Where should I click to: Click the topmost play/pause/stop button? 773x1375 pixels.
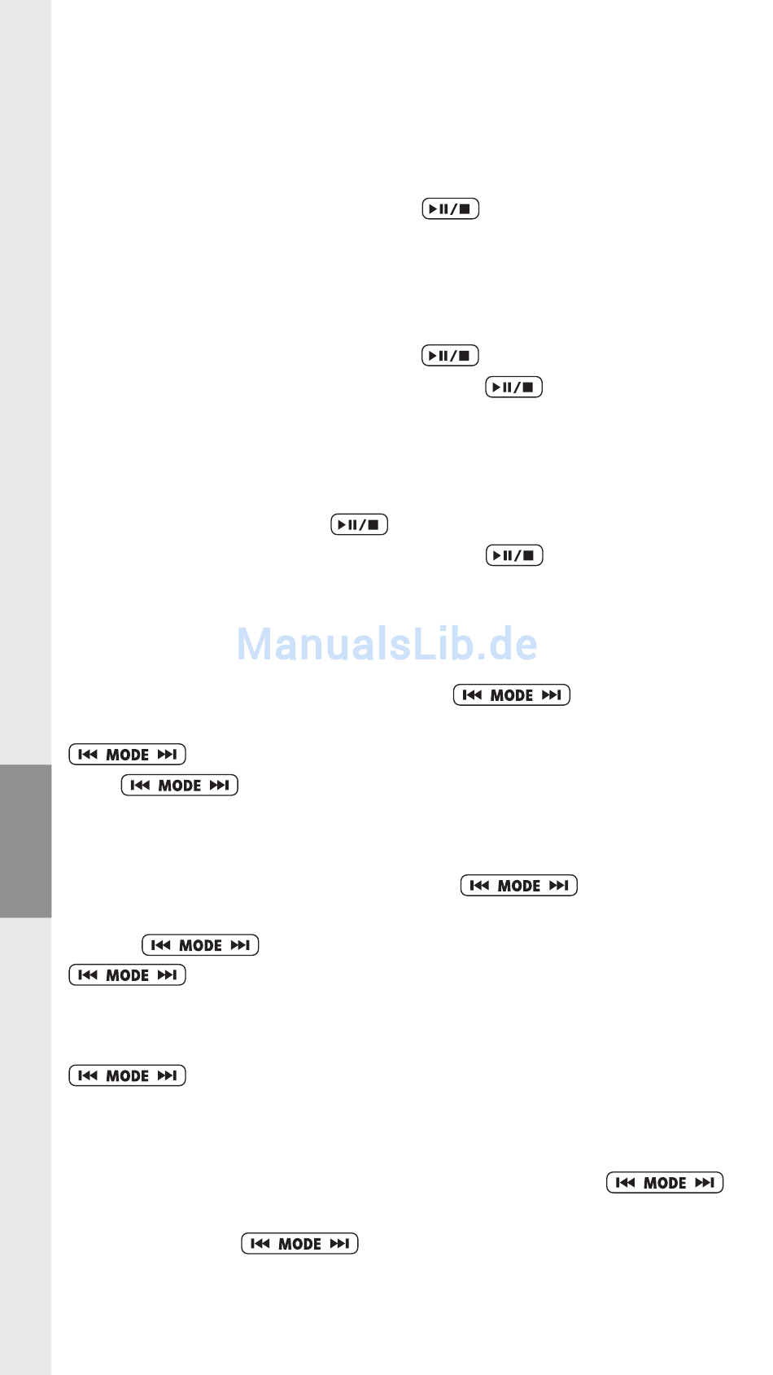click(450, 209)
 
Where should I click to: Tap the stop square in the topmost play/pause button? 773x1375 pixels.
click(465, 209)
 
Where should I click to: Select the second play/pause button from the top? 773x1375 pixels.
click(450, 356)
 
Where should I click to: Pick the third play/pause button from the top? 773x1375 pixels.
click(513, 388)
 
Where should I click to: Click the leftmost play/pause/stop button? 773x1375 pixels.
click(359, 525)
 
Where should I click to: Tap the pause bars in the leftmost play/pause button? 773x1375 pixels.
click(353, 525)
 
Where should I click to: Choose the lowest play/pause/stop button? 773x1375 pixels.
click(513, 556)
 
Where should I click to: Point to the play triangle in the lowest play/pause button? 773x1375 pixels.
click(497, 556)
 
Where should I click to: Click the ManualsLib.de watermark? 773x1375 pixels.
click(386, 644)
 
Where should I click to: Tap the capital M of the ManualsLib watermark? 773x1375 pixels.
click(255, 644)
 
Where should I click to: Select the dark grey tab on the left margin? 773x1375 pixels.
click(25, 841)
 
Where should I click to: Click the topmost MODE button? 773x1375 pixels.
click(511, 695)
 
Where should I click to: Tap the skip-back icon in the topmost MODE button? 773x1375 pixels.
click(471, 695)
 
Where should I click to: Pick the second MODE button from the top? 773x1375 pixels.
click(127, 755)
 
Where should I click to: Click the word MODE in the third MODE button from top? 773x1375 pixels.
click(180, 786)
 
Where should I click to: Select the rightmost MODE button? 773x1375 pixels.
click(664, 1183)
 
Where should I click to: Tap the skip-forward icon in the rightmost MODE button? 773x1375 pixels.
click(705, 1183)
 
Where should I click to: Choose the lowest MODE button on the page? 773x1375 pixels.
click(299, 1244)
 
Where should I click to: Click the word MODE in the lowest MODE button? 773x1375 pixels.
click(299, 1244)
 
